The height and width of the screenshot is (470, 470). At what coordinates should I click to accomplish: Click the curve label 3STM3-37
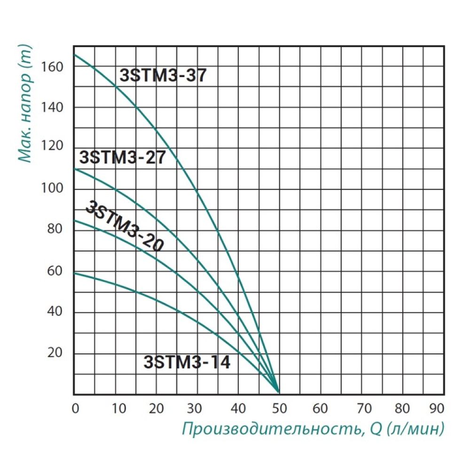(x=163, y=76)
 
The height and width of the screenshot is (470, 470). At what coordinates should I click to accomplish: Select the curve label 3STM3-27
(x=123, y=157)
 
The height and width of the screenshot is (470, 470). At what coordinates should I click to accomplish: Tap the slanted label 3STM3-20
(x=124, y=227)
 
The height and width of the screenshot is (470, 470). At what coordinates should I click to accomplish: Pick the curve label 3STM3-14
(x=187, y=362)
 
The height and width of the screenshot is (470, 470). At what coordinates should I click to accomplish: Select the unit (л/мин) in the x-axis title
(x=413, y=429)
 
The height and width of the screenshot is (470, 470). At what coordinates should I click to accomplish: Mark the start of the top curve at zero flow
(x=75, y=55)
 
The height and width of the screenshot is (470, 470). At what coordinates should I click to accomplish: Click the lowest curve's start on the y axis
(x=75, y=273)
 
